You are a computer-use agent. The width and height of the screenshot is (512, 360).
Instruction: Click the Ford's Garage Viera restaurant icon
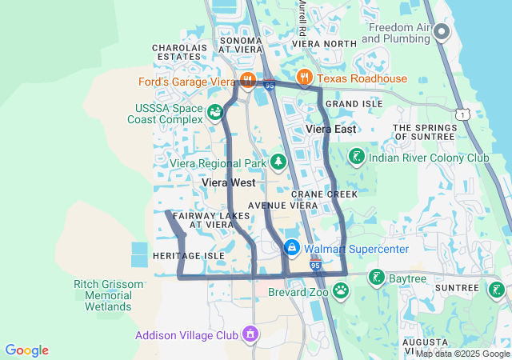247,79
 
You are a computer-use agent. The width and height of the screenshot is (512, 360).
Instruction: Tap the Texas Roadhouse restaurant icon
304,78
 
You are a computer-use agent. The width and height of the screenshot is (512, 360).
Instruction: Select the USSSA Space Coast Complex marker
214,113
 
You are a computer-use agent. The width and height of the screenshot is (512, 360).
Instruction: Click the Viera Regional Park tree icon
278,162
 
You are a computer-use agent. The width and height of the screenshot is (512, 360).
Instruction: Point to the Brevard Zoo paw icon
342,290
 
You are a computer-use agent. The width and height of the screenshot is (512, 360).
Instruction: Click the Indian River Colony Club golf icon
357,157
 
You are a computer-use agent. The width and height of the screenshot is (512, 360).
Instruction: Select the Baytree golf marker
376,278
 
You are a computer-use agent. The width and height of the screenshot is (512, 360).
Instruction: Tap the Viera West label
228,183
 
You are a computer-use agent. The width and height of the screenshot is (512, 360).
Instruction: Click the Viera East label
330,129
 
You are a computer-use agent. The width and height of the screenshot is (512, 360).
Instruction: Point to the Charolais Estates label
179,52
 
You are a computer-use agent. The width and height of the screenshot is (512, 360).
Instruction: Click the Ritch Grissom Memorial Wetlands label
109,295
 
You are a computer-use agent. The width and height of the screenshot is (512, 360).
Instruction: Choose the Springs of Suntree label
424,132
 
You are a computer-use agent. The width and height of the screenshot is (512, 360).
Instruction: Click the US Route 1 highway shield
464,115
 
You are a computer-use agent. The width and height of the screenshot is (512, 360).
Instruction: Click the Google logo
27,350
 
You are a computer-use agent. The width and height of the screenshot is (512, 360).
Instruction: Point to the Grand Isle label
349,104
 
